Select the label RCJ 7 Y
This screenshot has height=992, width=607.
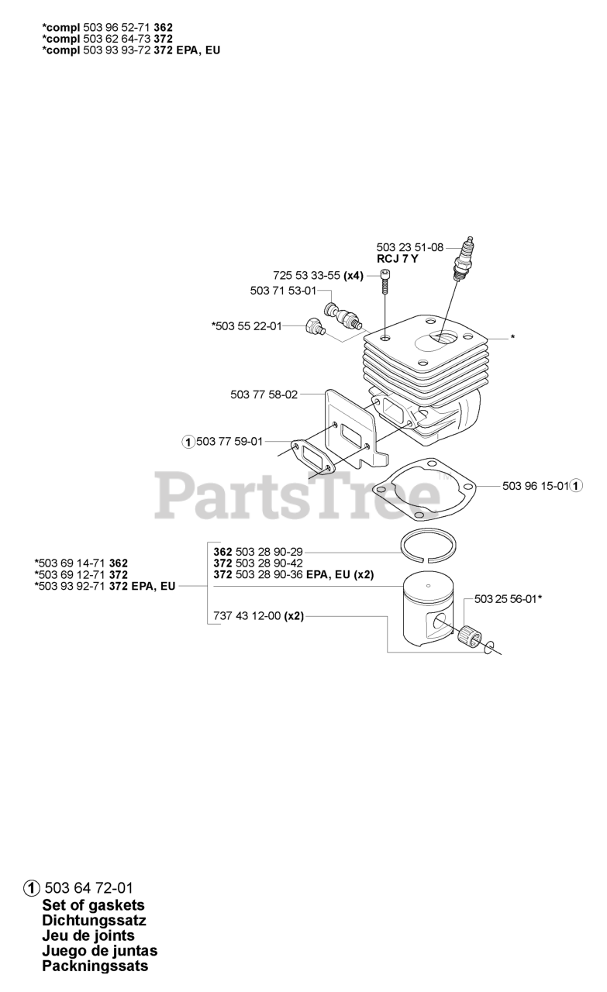point(397,258)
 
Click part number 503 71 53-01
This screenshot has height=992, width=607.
point(283,291)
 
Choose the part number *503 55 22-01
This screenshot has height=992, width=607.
point(247,326)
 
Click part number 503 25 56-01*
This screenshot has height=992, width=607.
point(508,599)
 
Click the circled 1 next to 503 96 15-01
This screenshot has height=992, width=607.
point(576,486)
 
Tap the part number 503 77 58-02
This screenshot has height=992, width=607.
point(264,394)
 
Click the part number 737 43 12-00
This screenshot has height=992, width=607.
point(247,616)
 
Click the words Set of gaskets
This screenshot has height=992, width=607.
point(93,905)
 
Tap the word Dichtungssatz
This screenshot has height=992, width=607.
point(94,921)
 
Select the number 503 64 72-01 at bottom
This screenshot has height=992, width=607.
point(89,888)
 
